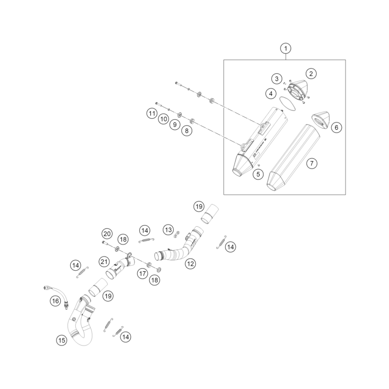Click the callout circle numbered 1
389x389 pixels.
click(x=285, y=49)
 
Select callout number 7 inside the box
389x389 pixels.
click(x=311, y=164)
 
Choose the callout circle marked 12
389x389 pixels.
click(x=190, y=264)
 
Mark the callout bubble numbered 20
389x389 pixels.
click(x=107, y=234)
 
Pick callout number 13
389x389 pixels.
click(x=168, y=230)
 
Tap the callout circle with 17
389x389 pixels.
click(x=142, y=273)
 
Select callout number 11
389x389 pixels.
click(x=151, y=114)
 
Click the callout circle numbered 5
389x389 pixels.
click(x=258, y=174)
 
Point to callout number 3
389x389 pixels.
click(x=276, y=79)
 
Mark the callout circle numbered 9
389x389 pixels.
click(x=175, y=125)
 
